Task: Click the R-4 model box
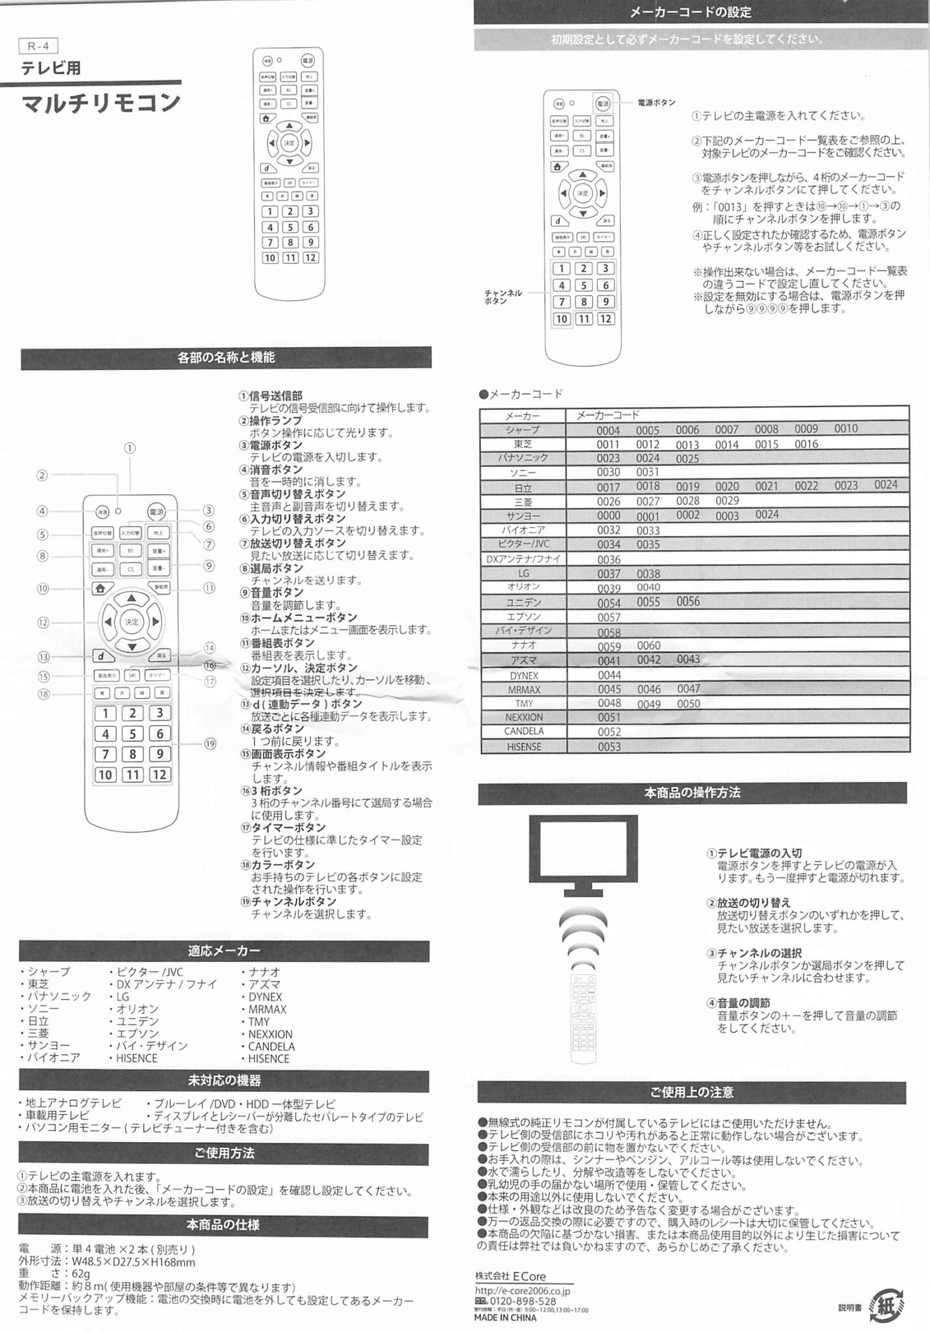click(39, 46)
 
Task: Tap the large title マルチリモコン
click(100, 103)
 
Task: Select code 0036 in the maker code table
click(609, 560)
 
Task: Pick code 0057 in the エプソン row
click(609, 617)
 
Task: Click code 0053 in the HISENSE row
click(609, 747)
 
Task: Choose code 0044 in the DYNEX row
click(609, 675)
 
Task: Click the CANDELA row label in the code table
click(523, 732)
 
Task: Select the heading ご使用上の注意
click(691, 1093)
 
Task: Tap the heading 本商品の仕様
click(223, 1225)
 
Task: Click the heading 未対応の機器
click(224, 1081)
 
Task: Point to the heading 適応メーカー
click(224, 951)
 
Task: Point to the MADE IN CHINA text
click(505, 1318)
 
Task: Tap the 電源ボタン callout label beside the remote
click(656, 103)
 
